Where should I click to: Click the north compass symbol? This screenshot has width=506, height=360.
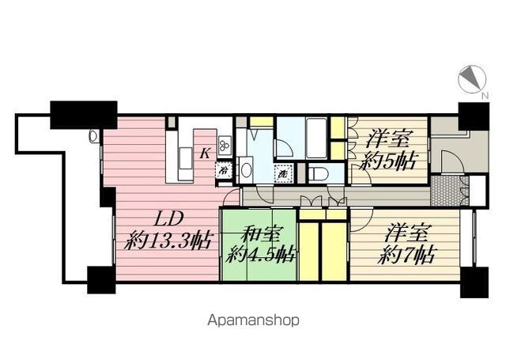[x=472, y=80]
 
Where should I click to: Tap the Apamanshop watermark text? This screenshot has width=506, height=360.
[x=253, y=320]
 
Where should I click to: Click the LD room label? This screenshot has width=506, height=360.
[x=168, y=219]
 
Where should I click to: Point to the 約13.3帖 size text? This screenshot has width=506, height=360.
[x=168, y=241]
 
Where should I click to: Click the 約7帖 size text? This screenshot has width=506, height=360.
[x=407, y=255]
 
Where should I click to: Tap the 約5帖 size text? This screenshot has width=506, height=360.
[x=389, y=161]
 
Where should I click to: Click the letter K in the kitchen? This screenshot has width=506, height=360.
[x=205, y=153]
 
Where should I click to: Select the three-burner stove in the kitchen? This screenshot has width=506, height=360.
[x=225, y=146]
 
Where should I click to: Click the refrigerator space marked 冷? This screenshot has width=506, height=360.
[x=223, y=170]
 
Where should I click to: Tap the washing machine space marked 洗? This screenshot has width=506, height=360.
[x=283, y=174]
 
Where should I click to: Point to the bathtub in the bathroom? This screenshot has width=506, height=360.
[x=316, y=138]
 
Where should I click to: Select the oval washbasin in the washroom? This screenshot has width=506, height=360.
[x=247, y=170]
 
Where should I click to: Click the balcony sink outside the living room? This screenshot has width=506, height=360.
[x=94, y=136]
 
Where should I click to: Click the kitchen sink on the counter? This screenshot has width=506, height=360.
[x=185, y=158]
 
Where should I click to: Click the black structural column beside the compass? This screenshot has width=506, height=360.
[x=474, y=116]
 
